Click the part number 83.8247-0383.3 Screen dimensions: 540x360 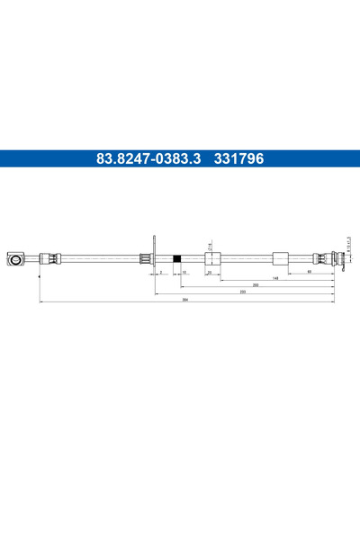coord(149,158)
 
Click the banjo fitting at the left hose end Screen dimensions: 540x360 coord(17,260)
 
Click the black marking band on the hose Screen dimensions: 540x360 coord(178,260)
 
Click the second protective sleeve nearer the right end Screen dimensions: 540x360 coord(280,260)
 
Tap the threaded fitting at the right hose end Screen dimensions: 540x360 coord(339,260)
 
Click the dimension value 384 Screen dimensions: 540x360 coord(184,300)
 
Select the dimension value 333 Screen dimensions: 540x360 coord(242,292)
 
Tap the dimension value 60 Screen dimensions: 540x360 coord(309,271)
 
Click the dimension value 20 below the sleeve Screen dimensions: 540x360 coord(209,271)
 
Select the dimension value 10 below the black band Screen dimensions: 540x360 coord(184,271)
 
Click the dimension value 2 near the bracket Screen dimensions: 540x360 coord(161,271)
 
